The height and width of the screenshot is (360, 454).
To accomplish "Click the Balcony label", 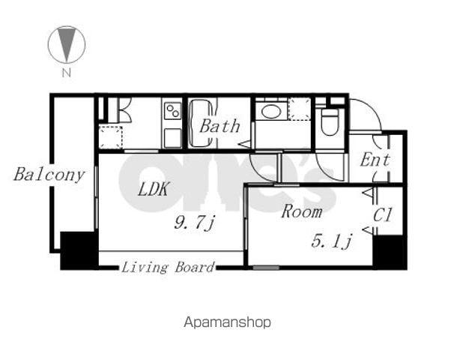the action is [49, 175].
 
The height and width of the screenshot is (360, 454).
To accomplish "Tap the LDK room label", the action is [153, 189].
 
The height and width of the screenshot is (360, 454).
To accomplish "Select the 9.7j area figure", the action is [195, 223].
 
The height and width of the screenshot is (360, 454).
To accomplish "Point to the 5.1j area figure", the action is [332, 241].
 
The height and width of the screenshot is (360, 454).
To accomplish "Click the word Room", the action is [301, 211].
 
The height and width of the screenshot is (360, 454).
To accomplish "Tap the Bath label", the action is [220, 126].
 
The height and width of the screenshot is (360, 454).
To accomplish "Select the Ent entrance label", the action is [375, 160].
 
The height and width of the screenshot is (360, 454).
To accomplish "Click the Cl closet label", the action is [382, 215].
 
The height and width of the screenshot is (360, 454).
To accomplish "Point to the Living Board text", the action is [168, 267].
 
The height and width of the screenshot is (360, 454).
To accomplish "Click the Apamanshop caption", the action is [227, 322].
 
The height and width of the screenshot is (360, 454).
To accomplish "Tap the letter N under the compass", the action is [67, 73].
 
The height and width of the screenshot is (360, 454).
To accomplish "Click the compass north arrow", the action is [67, 44].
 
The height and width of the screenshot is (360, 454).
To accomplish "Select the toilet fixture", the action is [330, 122].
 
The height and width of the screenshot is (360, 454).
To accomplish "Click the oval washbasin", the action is [270, 111].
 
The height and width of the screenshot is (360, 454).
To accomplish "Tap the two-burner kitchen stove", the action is [173, 111].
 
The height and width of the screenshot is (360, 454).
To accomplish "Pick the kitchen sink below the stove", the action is [173, 138].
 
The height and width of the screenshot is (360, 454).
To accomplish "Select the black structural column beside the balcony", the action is [79, 251].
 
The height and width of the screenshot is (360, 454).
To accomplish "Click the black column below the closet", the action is [390, 253].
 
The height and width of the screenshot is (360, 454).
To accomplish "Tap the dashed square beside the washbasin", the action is [300, 109].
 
